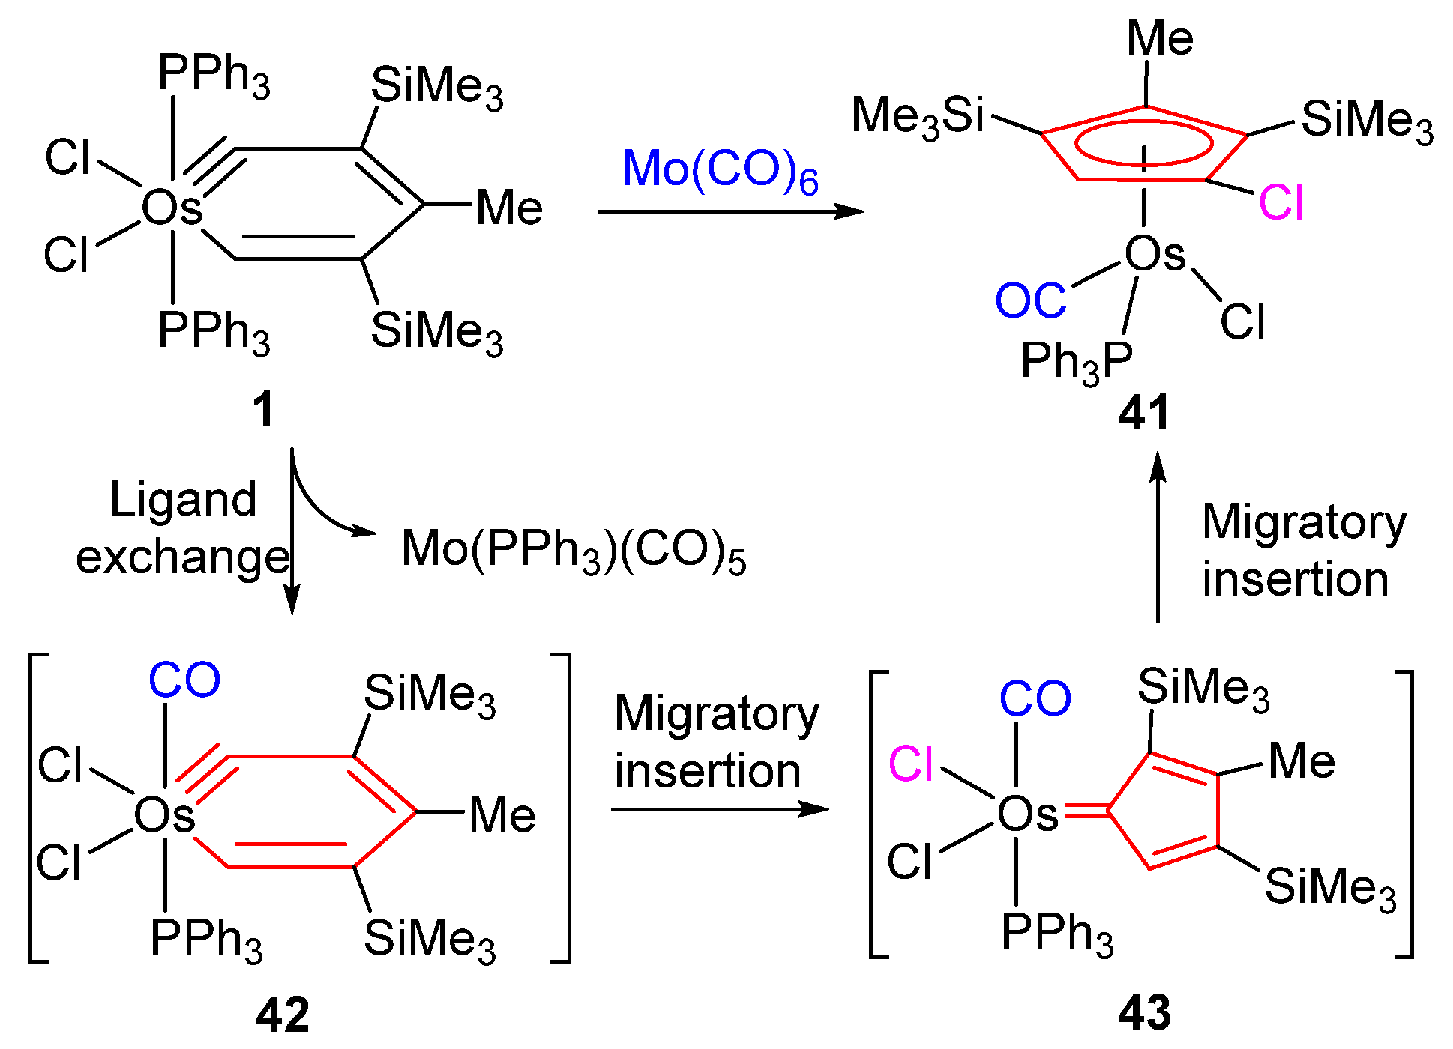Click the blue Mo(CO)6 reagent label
tap(719, 170)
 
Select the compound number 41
tap(1143, 413)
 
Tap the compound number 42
tap(283, 1015)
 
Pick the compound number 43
tap(1144, 1012)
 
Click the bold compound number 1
tap(263, 411)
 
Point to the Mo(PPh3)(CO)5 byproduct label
tap(574, 550)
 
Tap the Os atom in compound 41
tap(1155, 255)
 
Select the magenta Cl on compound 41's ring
tap(1281, 202)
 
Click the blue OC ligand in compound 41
tap(1031, 301)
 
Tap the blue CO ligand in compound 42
tap(184, 680)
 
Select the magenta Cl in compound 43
tap(911, 764)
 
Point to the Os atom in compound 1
tap(172, 208)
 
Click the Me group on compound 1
tap(509, 208)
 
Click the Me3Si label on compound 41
tap(917, 117)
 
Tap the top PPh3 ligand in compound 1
tap(213, 75)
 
